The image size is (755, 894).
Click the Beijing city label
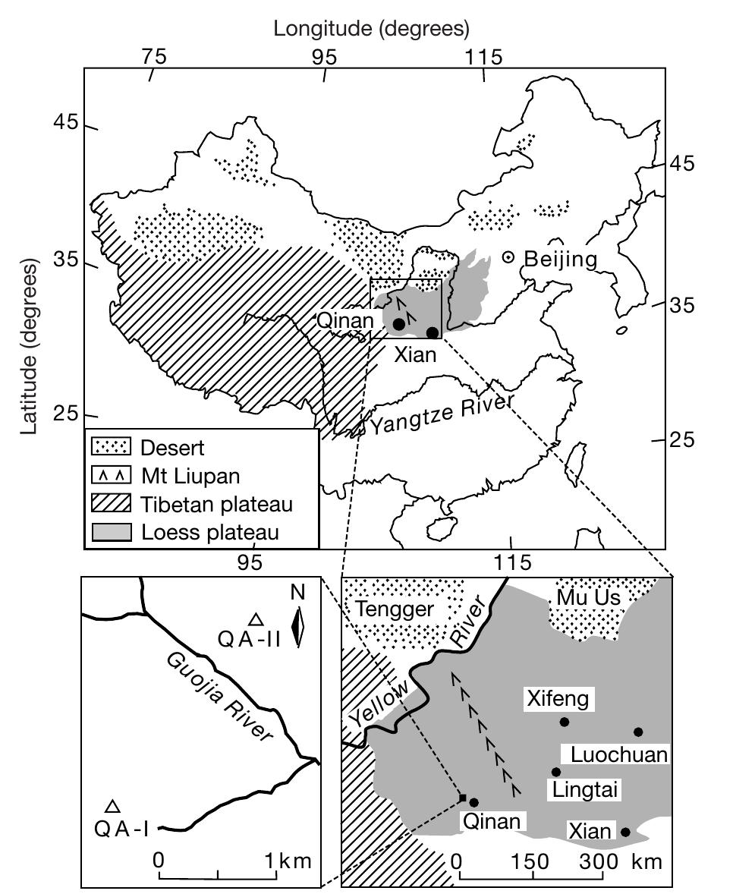[561, 260]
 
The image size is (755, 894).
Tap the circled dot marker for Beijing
[508, 258]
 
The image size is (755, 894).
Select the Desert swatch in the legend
[112, 448]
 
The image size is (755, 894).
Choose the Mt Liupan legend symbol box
[112, 476]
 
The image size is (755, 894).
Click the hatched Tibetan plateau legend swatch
[112, 504]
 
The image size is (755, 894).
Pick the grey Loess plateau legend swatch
[112, 532]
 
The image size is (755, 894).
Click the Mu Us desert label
[588, 597]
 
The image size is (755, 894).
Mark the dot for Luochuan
[638, 732]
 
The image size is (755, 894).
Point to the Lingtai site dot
[556, 773]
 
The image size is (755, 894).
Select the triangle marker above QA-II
[256, 619]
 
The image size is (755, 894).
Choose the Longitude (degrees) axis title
[372, 29]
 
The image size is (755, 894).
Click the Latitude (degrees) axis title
[30, 345]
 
